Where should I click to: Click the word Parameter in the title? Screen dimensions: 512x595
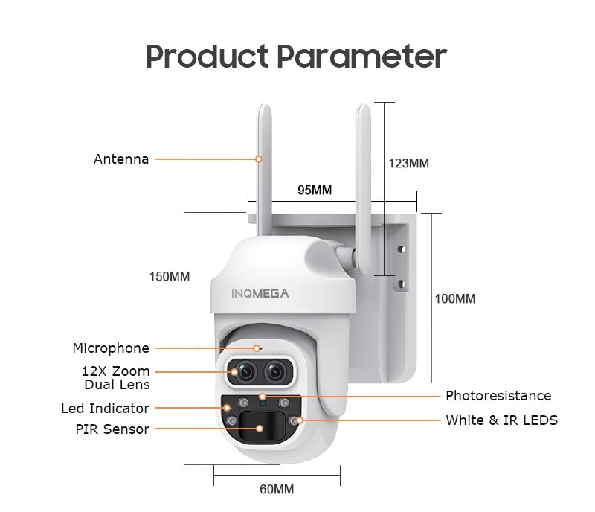tap(362, 57)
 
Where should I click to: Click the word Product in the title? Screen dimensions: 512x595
tap(208, 57)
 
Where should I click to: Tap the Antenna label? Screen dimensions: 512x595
tap(121, 159)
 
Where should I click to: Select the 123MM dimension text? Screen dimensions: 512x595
tap(408, 164)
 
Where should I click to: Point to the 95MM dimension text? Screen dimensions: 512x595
tap(315, 191)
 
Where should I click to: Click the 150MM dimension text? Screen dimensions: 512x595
tap(170, 277)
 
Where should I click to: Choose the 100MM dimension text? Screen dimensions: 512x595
tap(454, 299)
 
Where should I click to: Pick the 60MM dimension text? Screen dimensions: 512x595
tap(277, 489)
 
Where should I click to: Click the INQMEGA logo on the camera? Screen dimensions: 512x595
tap(260, 293)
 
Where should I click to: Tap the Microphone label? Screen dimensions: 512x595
tap(111, 348)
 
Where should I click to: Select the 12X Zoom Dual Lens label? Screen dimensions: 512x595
tap(116, 378)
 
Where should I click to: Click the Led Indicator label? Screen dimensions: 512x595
tap(105, 409)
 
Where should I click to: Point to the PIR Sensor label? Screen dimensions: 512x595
tap(112, 429)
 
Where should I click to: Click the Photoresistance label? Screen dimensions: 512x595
tap(498, 396)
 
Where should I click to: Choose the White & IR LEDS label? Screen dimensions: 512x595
tap(501, 420)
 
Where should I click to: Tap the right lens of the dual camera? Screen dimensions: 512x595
tap(277, 371)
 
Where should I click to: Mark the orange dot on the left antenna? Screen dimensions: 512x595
tap(259, 159)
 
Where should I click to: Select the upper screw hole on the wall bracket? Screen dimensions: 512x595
tap(401, 251)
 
